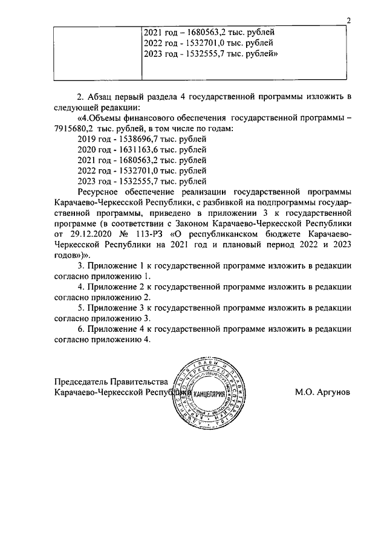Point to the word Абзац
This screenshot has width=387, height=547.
point(102,97)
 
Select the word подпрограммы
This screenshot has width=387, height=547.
point(285,202)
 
